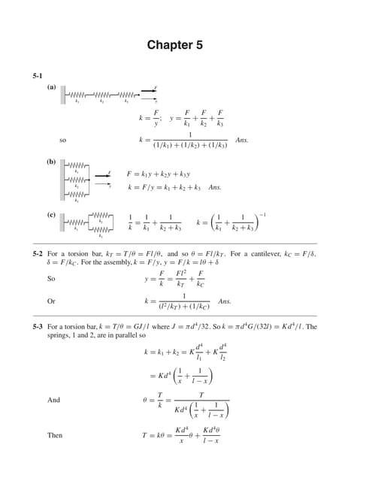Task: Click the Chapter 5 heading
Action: [x=174, y=45]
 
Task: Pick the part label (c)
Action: [x=51, y=216]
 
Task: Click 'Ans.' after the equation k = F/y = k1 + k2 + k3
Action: [x=215, y=186]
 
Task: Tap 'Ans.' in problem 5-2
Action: [x=224, y=301]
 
